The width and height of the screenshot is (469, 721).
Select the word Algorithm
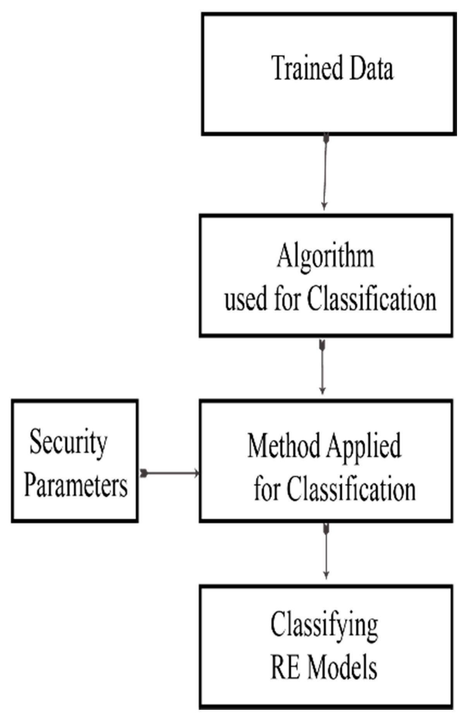[325, 257]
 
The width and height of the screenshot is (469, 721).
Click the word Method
[283, 446]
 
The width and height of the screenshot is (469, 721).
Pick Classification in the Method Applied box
[351, 489]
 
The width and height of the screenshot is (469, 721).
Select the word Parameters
[76, 485]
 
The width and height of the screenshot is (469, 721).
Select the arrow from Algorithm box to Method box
[322, 368]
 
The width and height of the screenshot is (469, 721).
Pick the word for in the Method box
[266, 489]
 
